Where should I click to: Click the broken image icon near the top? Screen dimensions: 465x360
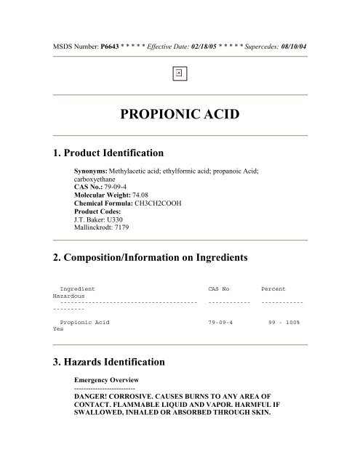point(180,73)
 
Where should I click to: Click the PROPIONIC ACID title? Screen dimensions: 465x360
point(180,116)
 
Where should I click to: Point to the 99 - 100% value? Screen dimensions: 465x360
point(288,320)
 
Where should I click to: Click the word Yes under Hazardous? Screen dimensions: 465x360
point(58,328)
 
